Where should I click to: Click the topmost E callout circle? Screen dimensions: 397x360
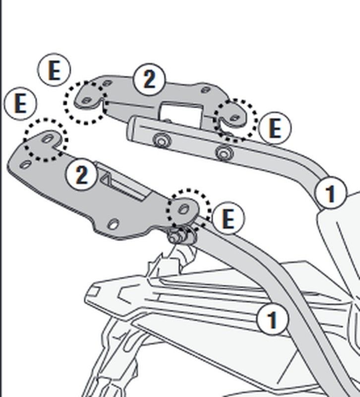[54, 70]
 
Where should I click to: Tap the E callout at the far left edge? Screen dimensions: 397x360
[20, 104]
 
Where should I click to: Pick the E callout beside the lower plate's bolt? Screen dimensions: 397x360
[228, 218]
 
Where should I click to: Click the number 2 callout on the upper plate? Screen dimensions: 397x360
[149, 79]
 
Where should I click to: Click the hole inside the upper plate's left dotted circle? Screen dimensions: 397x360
[86, 101]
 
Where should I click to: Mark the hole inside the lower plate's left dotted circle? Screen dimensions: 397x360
[48, 139]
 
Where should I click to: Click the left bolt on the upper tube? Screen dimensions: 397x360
[160, 140]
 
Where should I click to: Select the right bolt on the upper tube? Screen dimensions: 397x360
[224, 153]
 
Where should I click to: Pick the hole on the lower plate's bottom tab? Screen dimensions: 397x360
[114, 224]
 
